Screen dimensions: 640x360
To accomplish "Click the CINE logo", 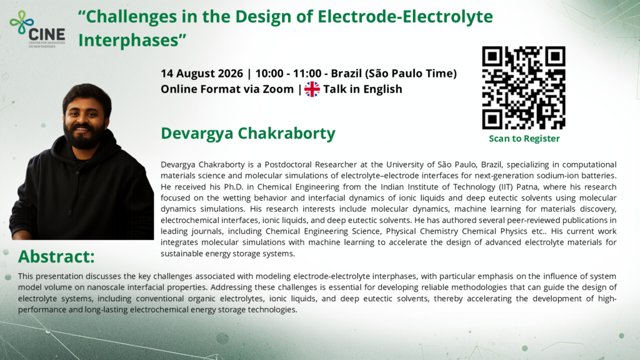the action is pyautogui.click(x=37, y=29).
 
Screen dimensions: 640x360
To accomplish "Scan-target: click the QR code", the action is pyautogui.click(x=524, y=87).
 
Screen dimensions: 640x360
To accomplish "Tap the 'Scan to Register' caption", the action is pyautogui.click(x=524, y=138).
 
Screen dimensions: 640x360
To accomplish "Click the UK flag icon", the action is pyautogui.click(x=312, y=89).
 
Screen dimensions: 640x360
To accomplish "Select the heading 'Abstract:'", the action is pyautogui.click(x=56, y=256).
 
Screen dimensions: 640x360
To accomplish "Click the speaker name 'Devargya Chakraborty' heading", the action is pyautogui.click(x=247, y=133).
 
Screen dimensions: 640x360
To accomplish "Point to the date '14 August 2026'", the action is pyautogui.click(x=202, y=74).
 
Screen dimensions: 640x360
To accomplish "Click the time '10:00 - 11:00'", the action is pyautogui.click(x=288, y=74).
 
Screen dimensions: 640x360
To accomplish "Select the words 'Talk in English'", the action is pyautogui.click(x=362, y=89).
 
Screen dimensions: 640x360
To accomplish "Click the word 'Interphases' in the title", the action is pyautogui.click(x=129, y=41).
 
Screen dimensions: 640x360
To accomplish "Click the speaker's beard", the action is pyautogui.click(x=84, y=137).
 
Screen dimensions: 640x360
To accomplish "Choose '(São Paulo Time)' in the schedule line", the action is pyautogui.click(x=411, y=74).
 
